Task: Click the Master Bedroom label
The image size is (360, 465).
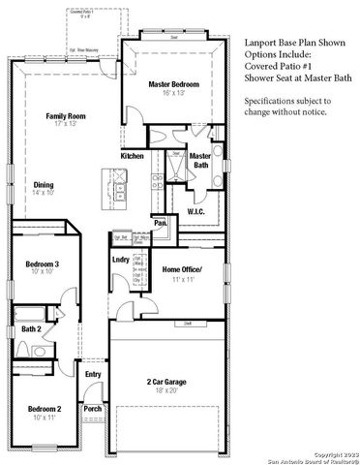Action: point(174,85)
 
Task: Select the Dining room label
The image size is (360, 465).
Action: point(44,184)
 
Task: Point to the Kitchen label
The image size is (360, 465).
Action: point(133,155)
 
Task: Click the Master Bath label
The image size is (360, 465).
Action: point(200,161)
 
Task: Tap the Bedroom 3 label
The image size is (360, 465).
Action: point(43,263)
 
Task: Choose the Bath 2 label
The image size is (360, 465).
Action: point(30,329)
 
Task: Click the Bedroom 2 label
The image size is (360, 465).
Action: point(45,409)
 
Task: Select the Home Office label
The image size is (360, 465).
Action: point(182,269)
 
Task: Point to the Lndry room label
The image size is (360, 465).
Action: point(121,260)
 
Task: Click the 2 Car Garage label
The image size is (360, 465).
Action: point(167,381)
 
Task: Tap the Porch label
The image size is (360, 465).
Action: point(93,409)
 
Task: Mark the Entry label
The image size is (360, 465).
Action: point(93,374)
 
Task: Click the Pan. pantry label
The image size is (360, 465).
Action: point(161,222)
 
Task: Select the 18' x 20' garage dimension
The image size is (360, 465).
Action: point(167,391)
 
